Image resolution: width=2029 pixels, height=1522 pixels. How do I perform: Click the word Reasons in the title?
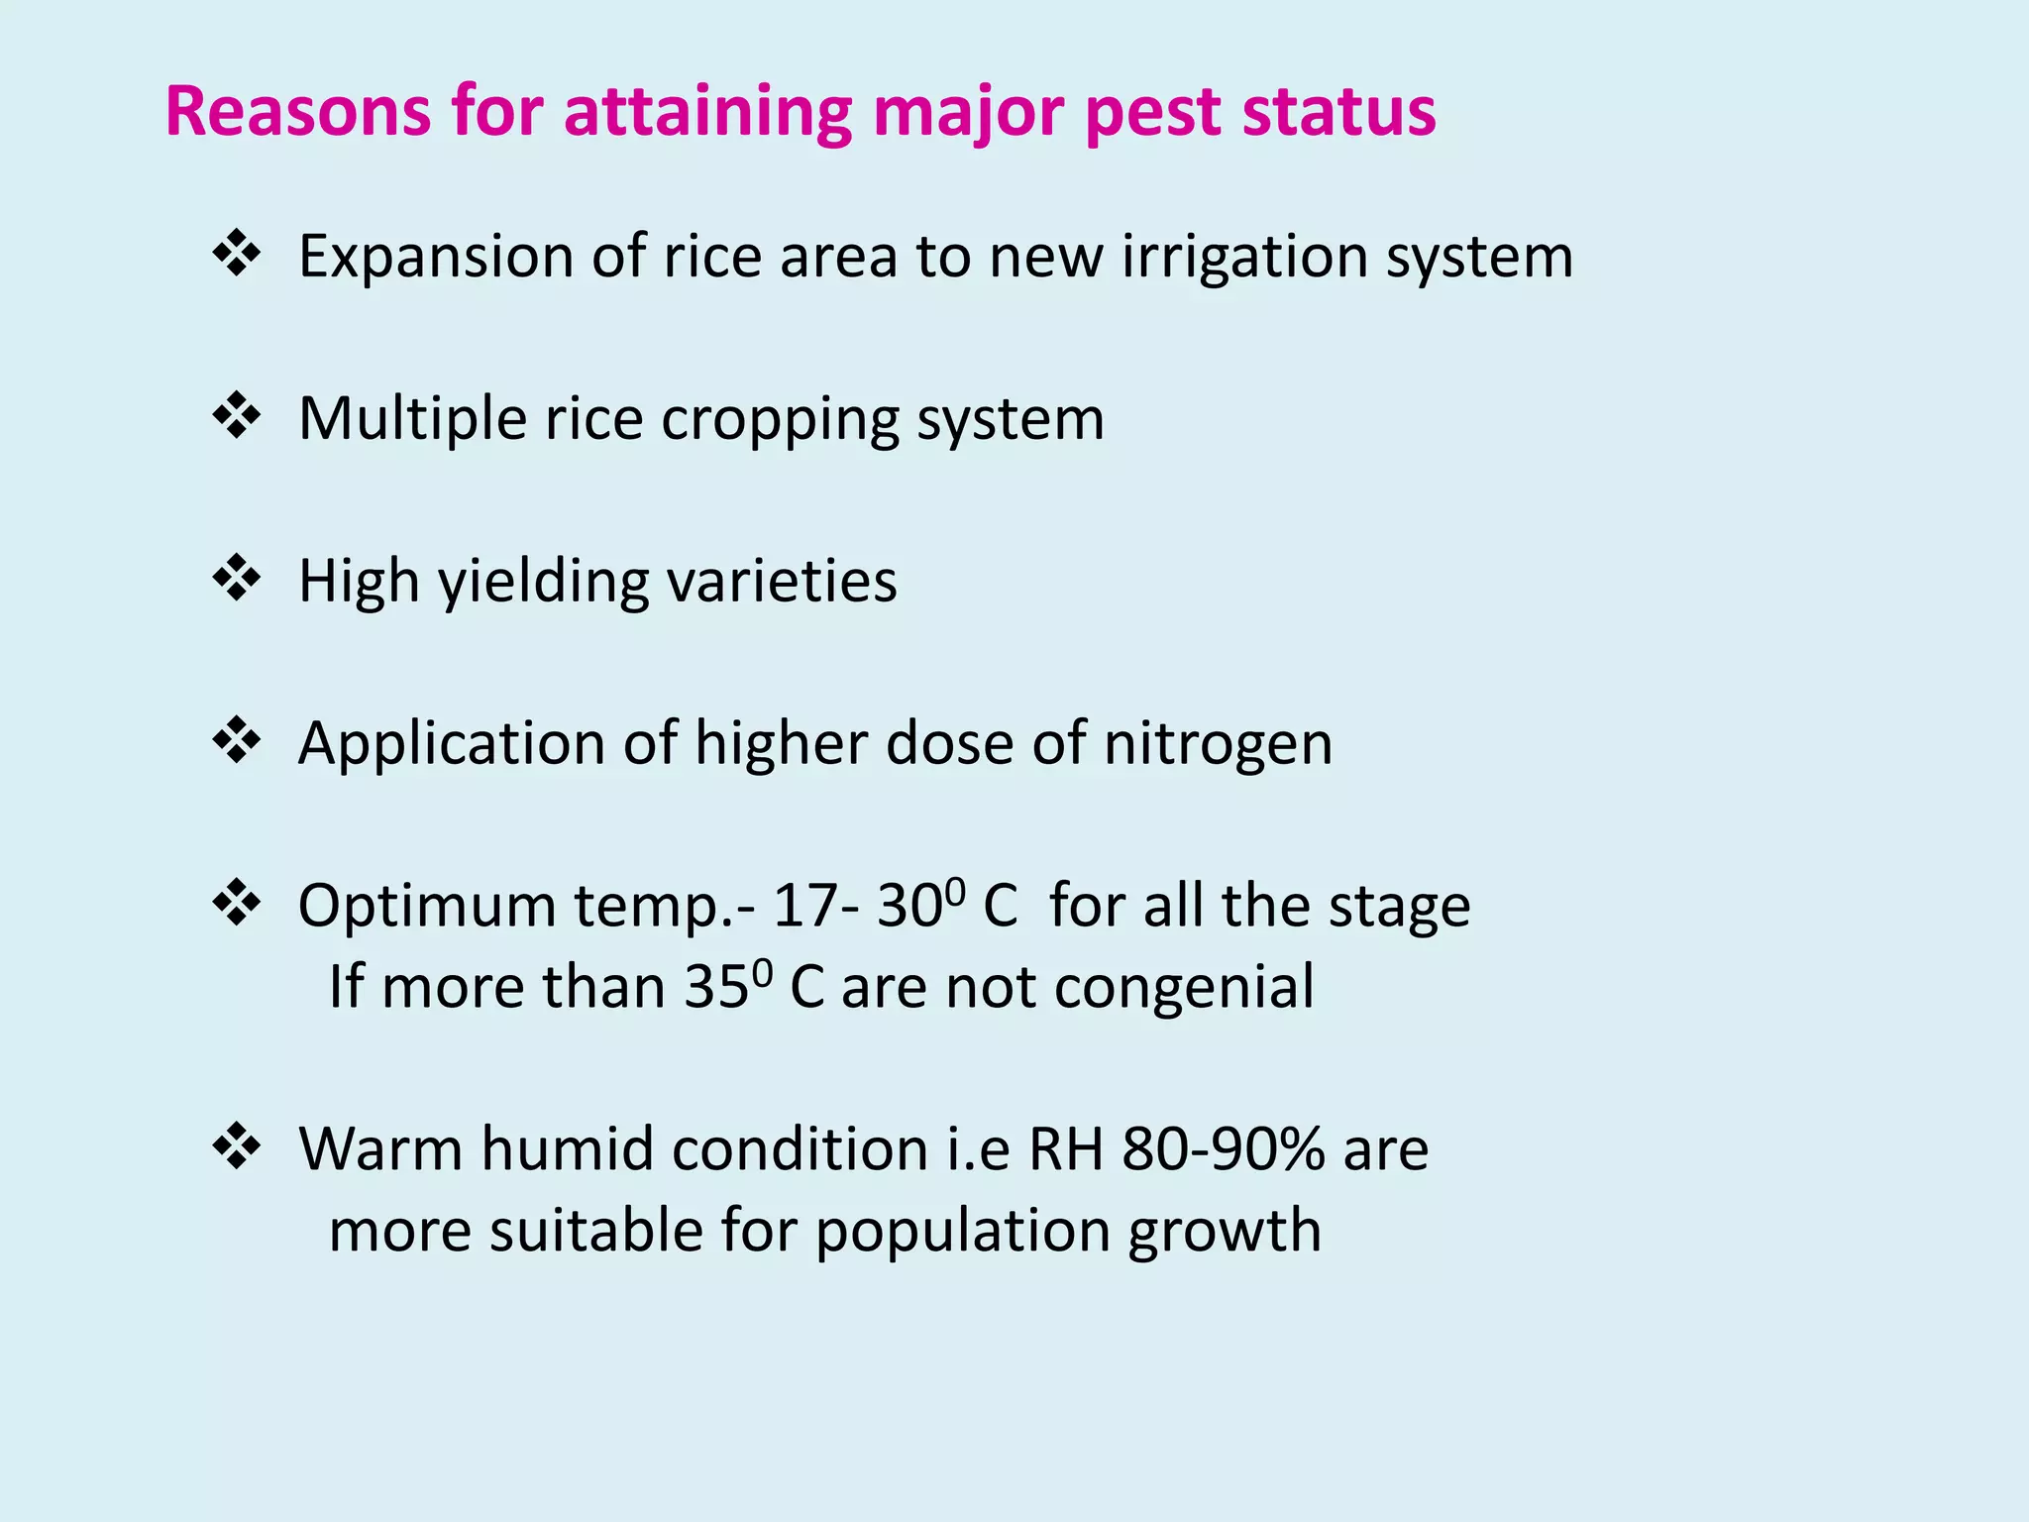click(x=297, y=111)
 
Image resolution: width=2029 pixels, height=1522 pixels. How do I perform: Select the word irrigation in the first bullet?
click(x=1243, y=258)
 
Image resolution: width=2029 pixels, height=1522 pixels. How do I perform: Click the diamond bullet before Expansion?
click(x=237, y=253)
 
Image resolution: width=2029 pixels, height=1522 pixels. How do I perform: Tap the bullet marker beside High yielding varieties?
click(x=237, y=578)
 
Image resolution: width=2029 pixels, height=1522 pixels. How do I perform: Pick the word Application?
click(x=451, y=745)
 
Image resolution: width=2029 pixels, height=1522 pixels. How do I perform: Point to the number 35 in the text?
click(x=715, y=989)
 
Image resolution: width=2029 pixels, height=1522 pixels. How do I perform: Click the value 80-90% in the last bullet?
click(x=1223, y=1150)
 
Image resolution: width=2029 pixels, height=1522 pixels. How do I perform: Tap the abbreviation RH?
click(x=1066, y=1150)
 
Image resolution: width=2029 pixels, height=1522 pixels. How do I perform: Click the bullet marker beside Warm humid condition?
click(x=237, y=1146)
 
